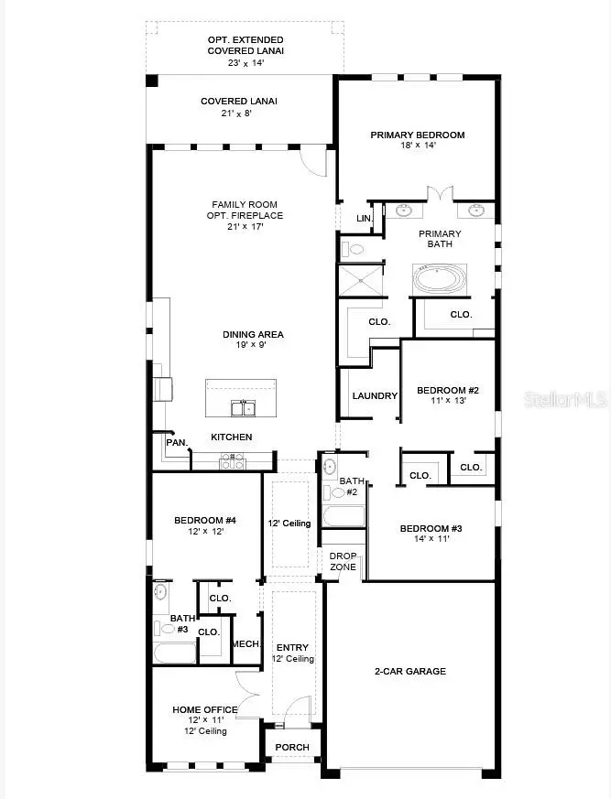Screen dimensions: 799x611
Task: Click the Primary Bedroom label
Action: click(417, 135)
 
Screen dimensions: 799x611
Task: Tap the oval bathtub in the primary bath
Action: click(441, 277)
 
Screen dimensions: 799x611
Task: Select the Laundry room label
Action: click(375, 396)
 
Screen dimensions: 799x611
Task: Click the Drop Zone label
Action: click(344, 562)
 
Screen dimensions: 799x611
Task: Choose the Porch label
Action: click(292, 748)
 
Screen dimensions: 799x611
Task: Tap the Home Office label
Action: click(205, 709)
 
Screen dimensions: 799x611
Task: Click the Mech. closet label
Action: click(245, 644)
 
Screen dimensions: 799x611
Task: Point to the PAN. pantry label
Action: click(177, 443)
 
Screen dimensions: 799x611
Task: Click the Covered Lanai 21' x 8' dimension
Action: click(239, 114)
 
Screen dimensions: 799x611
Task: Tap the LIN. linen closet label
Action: click(364, 219)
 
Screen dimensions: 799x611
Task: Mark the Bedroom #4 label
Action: click(205, 521)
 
